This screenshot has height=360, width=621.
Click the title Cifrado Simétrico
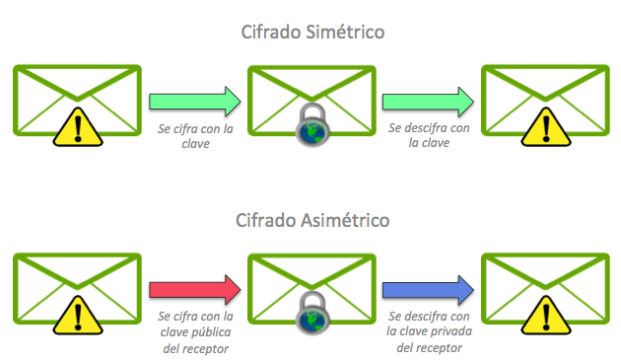pyautogui.click(x=312, y=33)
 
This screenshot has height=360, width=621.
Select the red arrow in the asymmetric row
pyautogui.click(x=194, y=289)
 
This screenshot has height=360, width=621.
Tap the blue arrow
pyautogui.click(x=427, y=289)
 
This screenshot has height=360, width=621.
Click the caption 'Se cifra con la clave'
pyautogui.click(x=194, y=134)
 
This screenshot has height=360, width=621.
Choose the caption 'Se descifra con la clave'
pyautogui.click(x=428, y=134)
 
